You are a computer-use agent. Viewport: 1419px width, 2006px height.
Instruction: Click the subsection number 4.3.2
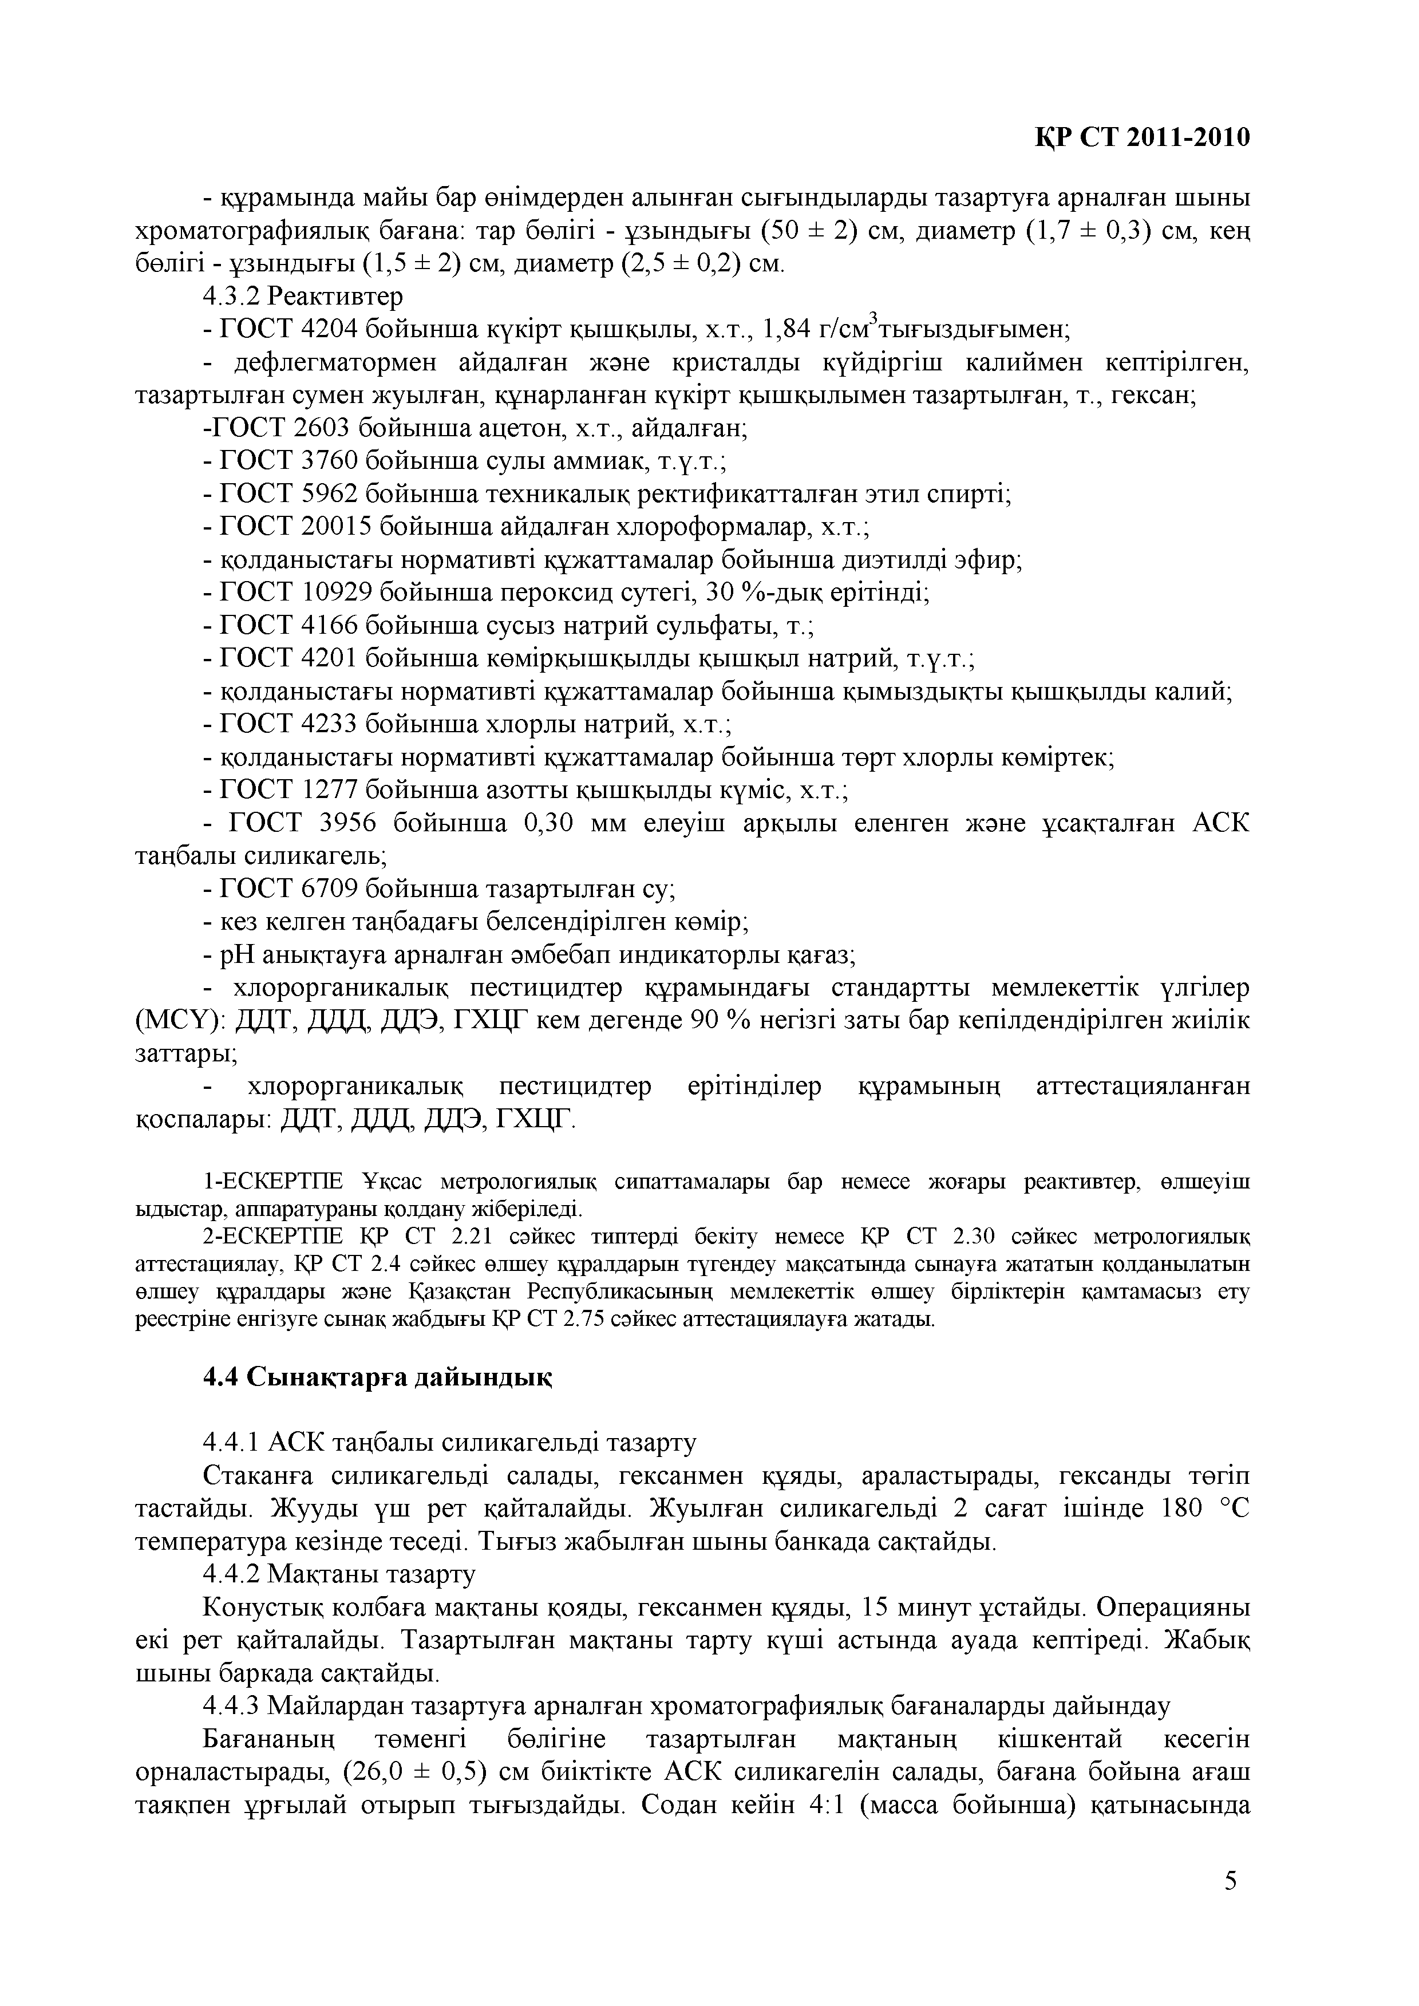click(x=232, y=297)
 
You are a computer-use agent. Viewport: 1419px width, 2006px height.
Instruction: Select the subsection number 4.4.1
click(x=232, y=1443)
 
